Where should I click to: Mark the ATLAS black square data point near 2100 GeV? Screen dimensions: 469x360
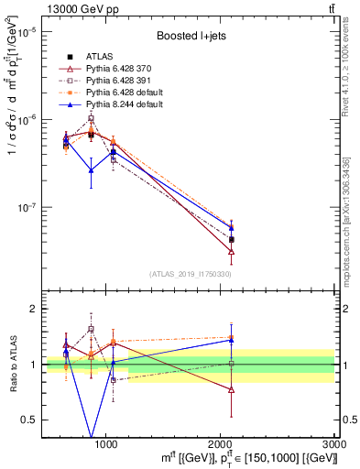pos(231,239)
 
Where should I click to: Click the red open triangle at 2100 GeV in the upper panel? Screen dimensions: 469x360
pos(231,251)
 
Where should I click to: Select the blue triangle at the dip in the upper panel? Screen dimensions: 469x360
pos(91,169)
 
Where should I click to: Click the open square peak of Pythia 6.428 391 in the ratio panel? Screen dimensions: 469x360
pos(91,329)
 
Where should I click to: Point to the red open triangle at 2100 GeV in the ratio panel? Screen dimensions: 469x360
pos(231,389)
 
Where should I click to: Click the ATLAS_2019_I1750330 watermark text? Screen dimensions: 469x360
pos(189,274)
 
